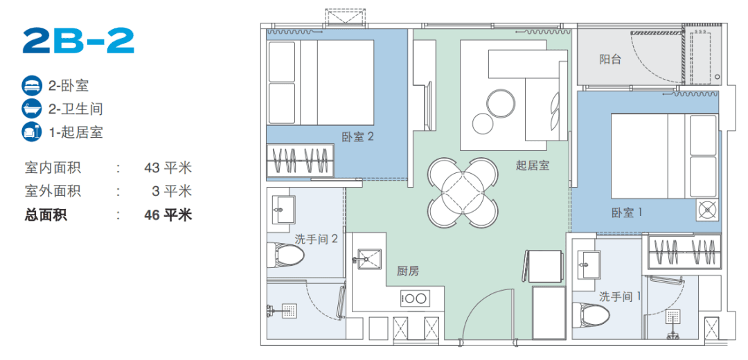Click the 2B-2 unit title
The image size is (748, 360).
pos(78,42)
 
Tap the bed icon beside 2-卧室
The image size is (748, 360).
pos(31,86)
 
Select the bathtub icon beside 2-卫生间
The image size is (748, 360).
pos(31,109)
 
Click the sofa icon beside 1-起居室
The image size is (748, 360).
pos(31,132)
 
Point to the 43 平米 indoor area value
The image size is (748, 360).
pos(168,168)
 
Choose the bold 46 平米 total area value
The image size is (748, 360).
pos(168,215)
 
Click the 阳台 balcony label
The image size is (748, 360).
pos(610,60)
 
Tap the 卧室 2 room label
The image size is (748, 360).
pos(358,137)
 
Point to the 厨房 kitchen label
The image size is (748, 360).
pos(408,271)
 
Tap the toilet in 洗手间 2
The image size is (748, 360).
pos(286,257)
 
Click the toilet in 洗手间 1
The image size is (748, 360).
pos(591,315)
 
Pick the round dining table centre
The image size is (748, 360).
pos(463,193)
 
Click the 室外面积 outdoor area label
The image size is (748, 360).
pos(53,191)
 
